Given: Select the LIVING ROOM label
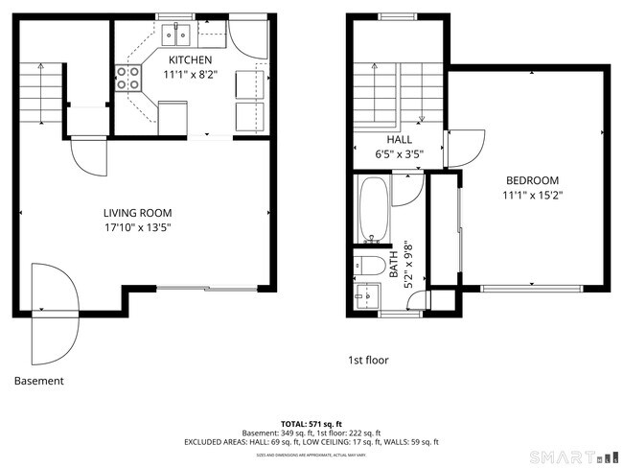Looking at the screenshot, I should pyautogui.click(x=139, y=213).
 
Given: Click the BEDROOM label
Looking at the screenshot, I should pyautogui.click(x=532, y=180).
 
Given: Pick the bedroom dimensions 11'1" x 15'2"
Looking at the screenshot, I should pyautogui.click(x=532, y=195).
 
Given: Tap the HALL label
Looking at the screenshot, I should pyautogui.click(x=372, y=139).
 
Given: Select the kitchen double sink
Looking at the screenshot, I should pyautogui.click(x=175, y=35).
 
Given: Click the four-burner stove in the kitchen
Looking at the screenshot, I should pyautogui.click(x=126, y=78).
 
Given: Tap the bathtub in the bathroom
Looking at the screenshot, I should pyautogui.click(x=373, y=209).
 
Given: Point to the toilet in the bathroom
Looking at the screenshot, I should pyautogui.click(x=370, y=264).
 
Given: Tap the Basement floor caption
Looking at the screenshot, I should pyautogui.click(x=39, y=381).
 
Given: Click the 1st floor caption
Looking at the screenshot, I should pyautogui.click(x=368, y=361).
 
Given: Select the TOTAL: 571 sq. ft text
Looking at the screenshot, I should pyautogui.click(x=311, y=423).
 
